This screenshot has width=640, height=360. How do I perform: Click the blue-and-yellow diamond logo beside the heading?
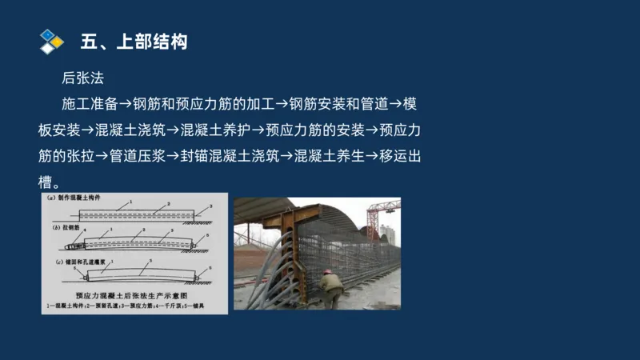point(51,42)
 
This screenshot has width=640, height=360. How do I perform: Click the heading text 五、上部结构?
point(134,42)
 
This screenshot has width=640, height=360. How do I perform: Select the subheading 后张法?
point(83,78)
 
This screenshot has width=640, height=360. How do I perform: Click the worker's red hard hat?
point(326,271)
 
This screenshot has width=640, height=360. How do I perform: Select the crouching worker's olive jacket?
point(330,283)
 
